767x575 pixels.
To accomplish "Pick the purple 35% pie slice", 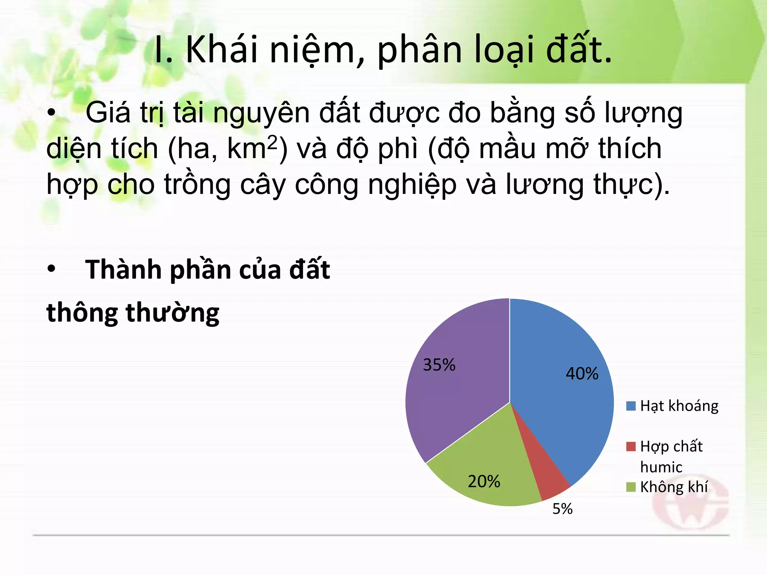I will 461,393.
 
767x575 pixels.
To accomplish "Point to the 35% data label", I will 439,365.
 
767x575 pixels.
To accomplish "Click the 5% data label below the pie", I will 563,509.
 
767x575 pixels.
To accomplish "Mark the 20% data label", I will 484,482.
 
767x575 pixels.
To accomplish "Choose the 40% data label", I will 582,374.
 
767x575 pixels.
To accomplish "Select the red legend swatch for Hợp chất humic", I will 631,447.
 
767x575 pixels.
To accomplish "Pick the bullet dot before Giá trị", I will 52,113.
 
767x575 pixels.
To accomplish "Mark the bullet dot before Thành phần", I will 52,269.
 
